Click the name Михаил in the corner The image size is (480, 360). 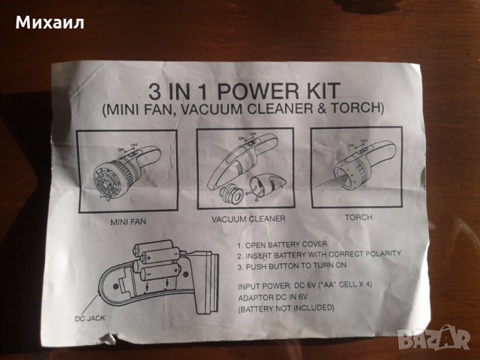49,23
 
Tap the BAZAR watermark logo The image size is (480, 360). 433,338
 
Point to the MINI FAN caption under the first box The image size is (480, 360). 128,221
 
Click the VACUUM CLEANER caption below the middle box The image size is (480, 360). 248,219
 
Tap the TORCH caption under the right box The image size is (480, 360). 358,217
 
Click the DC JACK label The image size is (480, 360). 90,318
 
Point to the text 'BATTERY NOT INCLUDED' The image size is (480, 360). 286,308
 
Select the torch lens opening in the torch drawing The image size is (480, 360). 343,179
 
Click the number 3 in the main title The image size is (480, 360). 154,91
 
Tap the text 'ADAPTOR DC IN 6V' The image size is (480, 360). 273,297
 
